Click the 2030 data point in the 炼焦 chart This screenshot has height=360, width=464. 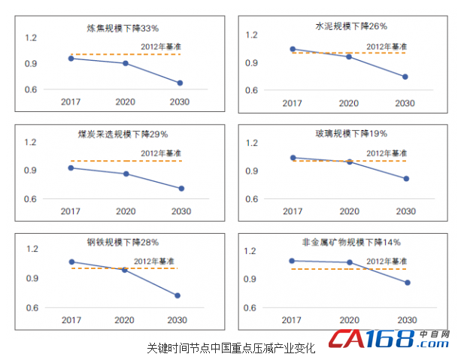point(180,83)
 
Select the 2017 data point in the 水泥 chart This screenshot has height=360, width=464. point(292,49)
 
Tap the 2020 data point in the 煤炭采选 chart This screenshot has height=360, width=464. point(126,174)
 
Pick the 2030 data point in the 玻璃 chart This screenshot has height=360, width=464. point(406,178)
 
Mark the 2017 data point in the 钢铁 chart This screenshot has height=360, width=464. point(71,262)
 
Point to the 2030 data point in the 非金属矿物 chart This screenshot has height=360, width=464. point(407,283)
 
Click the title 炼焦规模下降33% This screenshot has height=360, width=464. point(123,29)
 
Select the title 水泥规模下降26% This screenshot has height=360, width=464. point(351,26)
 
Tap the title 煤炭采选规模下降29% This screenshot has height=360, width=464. point(123,135)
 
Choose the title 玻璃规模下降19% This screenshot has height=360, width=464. point(351,134)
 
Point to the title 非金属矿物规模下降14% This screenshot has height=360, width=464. point(351,242)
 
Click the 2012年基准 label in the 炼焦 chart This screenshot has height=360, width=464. point(161,47)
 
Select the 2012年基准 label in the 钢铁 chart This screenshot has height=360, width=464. point(154,260)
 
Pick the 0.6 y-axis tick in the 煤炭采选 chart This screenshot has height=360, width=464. point(30,199)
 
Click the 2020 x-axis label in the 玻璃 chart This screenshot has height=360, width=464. point(348,212)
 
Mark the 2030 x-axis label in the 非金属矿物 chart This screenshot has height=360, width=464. point(405,319)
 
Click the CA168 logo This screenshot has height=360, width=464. point(384,340)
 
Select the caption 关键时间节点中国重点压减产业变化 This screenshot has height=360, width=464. point(230,348)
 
